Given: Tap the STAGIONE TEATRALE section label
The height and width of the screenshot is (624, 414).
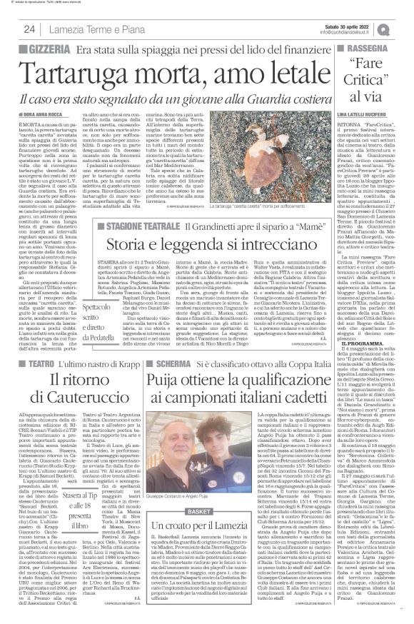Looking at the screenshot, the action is (x=142, y=227).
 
